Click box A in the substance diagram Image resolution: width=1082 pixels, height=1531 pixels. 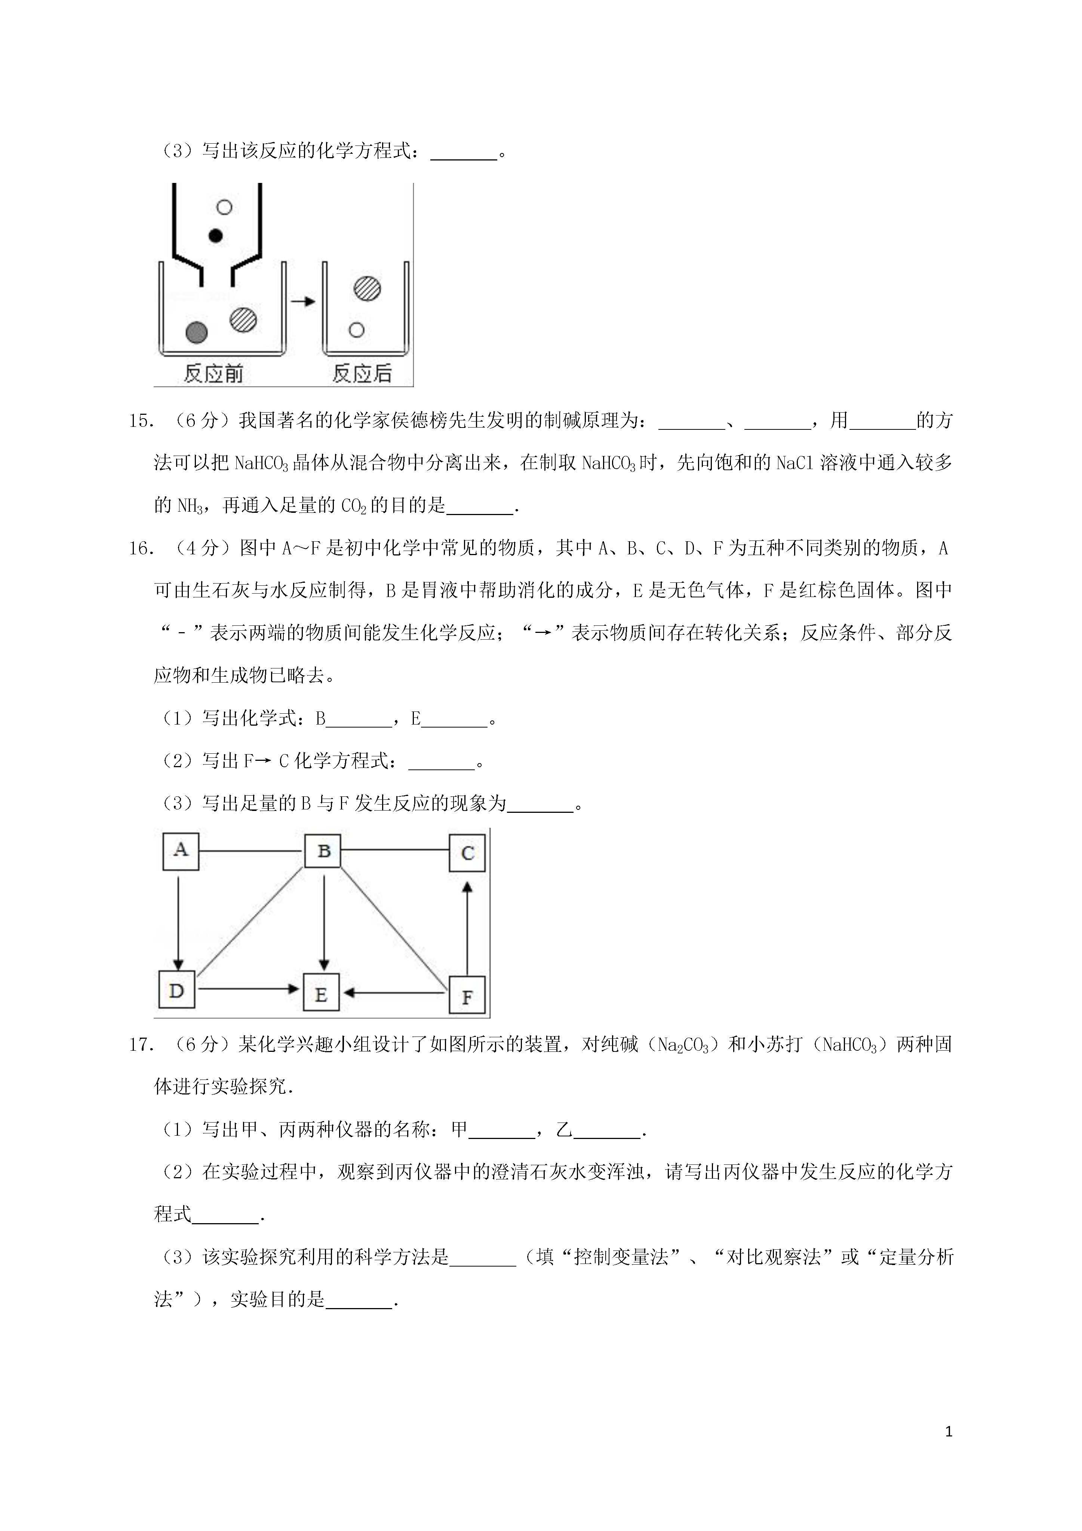181,851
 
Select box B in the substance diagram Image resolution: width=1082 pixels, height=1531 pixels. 323,851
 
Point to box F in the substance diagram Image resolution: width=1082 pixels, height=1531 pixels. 467,996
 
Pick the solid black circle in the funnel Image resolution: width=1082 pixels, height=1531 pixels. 215,235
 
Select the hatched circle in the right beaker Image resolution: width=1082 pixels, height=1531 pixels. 367,289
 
